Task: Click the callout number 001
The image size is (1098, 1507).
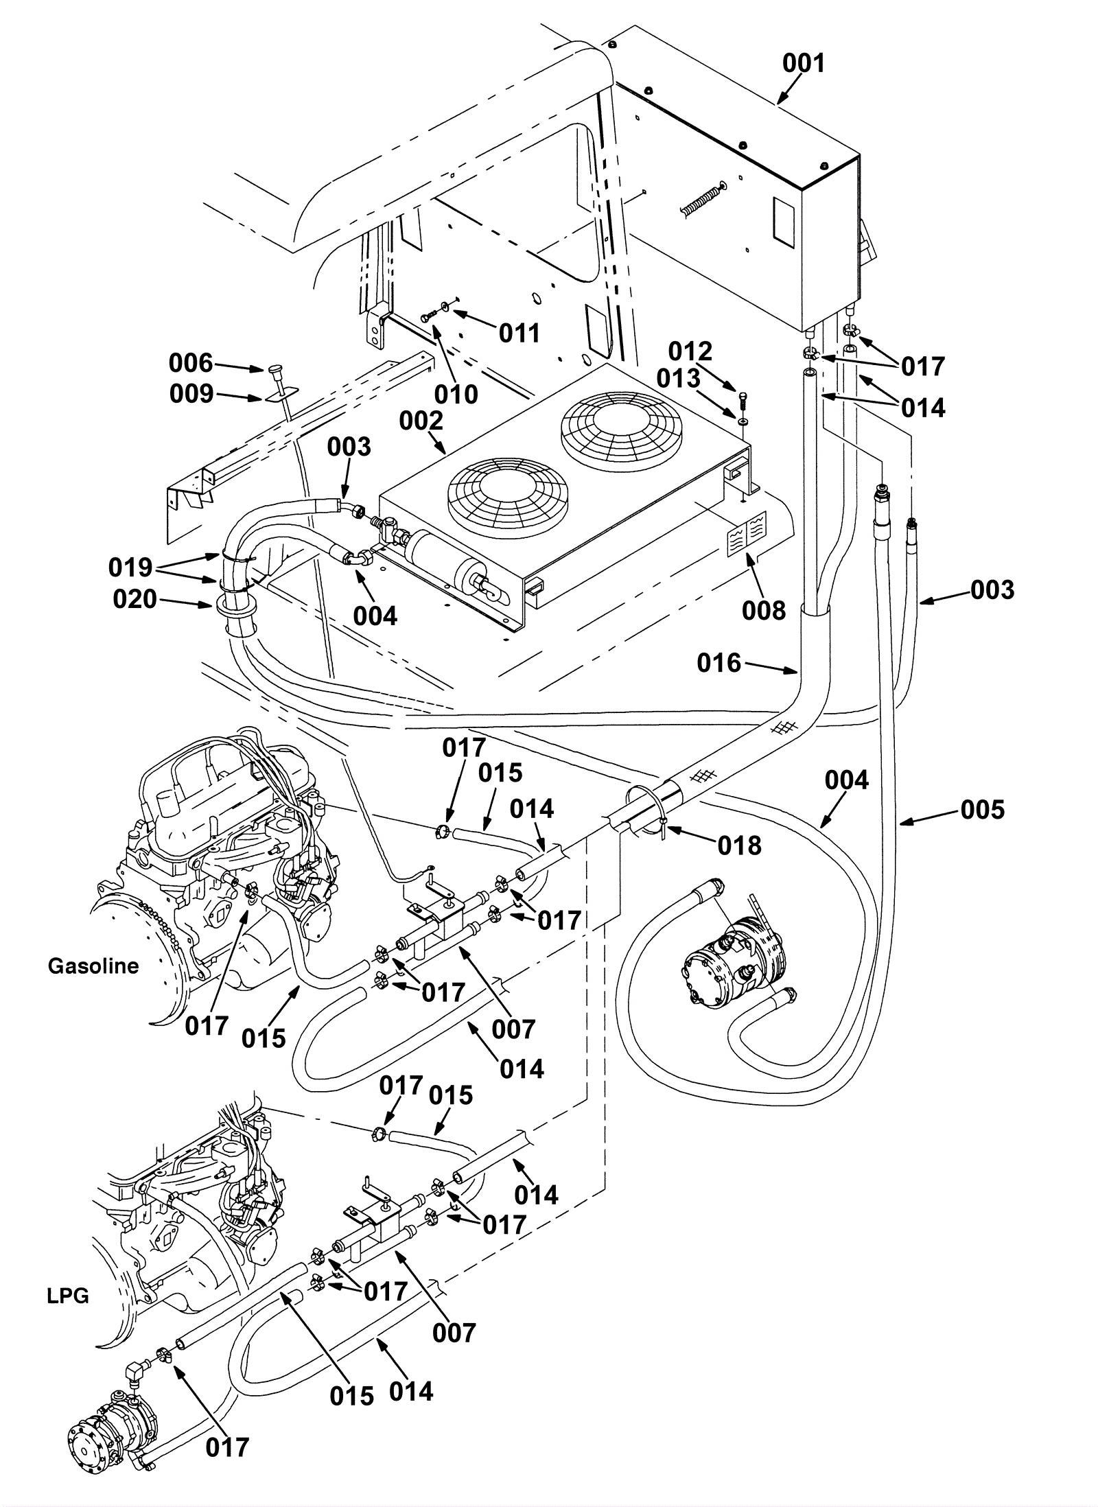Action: coord(803,63)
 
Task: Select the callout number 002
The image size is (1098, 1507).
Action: coord(421,420)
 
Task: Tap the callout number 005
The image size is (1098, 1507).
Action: coord(982,810)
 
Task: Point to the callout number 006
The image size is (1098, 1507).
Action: coord(191,363)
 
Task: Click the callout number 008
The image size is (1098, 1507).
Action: coord(763,610)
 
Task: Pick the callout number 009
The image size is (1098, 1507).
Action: coord(191,394)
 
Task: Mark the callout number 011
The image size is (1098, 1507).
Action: coord(519,333)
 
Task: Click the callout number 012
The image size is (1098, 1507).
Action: coord(690,351)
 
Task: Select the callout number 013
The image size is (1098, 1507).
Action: coord(678,378)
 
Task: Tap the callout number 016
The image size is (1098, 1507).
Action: coord(719,662)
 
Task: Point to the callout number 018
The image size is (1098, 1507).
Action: coord(739,845)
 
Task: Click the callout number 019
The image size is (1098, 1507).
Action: coord(130,568)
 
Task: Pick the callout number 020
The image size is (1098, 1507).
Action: coord(135,599)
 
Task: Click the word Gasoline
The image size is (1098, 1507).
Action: coord(93,966)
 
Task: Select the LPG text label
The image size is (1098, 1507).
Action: coord(68,1296)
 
